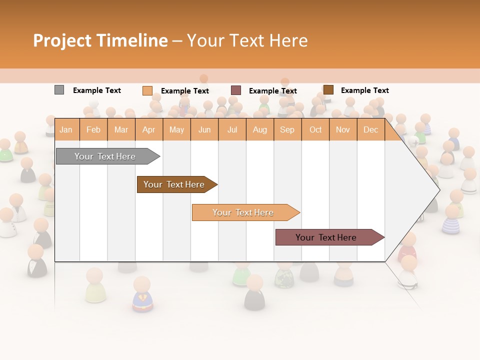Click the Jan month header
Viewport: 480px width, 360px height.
pos(66,130)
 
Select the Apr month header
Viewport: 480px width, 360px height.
pos(148,130)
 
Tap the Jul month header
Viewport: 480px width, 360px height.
pos(232,130)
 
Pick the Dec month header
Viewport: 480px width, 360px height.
pos(370,130)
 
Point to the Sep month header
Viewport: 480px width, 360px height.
pos(287,130)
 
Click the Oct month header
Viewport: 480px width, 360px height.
pos(315,130)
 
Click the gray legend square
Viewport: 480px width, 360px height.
pos(59,90)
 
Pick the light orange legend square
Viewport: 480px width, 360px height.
pos(147,90)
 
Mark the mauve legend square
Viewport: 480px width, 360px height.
pos(236,90)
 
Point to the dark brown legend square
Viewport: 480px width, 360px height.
pos(328,90)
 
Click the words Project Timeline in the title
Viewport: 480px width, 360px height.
pos(100,40)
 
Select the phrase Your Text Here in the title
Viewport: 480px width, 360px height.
pos(247,40)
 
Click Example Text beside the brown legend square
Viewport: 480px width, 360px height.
pos(364,90)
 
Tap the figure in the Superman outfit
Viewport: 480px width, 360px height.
pos(142,296)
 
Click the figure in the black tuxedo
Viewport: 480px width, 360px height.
pos(36,262)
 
